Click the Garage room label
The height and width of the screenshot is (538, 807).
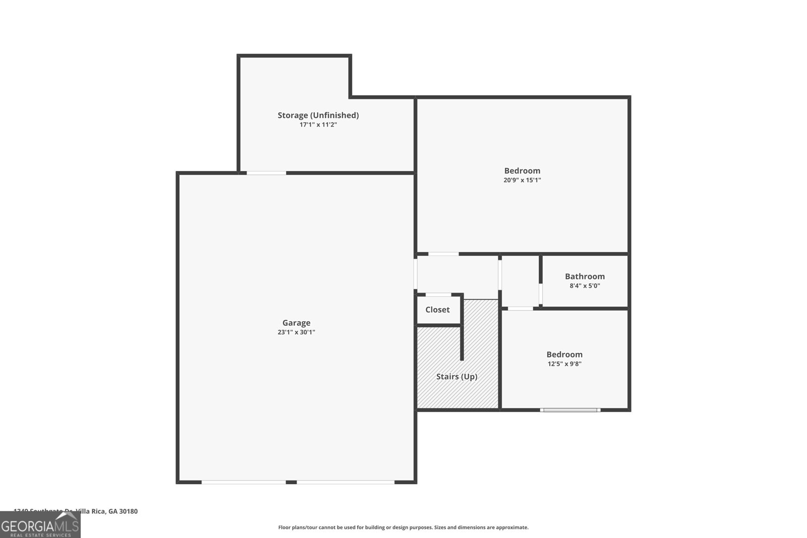click(x=296, y=323)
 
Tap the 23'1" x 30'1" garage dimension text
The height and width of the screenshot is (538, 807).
click(x=296, y=332)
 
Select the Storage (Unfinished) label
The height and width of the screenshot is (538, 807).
click(x=318, y=115)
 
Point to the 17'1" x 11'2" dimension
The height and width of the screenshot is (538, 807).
click(x=318, y=125)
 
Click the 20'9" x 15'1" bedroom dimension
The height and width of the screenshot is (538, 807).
click(x=522, y=180)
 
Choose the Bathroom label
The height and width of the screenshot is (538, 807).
click(x=585, y=276)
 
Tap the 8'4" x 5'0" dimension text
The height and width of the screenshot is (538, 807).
click(x=585, y=286)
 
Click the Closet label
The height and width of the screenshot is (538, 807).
click(x=437, y=310)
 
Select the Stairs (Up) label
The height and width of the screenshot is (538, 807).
click(x=456, y=377)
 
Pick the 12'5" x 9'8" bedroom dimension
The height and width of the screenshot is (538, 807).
click(x=564, y=364)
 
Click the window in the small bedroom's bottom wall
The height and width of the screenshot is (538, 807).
click(x=570, y=410)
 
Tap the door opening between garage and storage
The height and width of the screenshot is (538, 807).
click(x=266, y=173)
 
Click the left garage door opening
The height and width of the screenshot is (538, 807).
click(x=244, y=483)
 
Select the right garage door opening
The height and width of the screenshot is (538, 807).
click(x=345, y=483)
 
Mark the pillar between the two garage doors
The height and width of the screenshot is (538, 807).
click(x=291, y=483)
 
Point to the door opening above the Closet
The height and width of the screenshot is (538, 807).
click(x=438, y=294)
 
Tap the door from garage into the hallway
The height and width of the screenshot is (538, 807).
click(x=416, y=274)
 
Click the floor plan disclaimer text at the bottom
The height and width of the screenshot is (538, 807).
click(x=403, y=527)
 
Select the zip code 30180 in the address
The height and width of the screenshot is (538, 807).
click(x=129, y=511)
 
